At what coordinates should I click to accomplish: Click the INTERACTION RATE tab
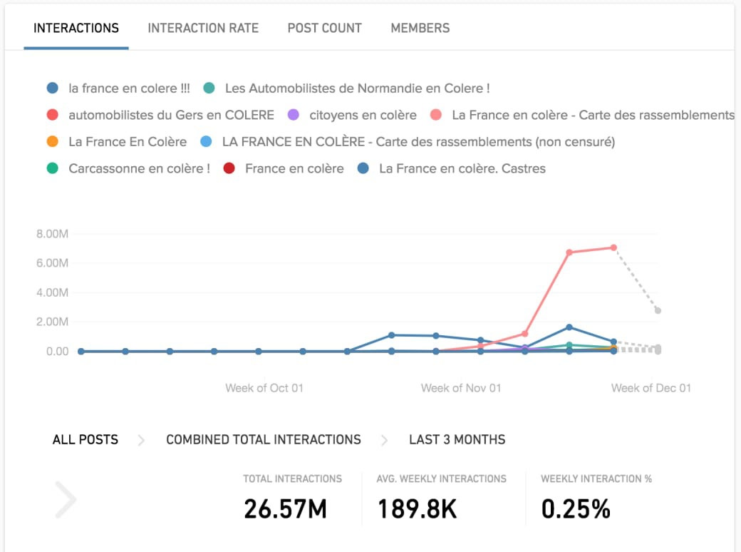(x=203, y=29)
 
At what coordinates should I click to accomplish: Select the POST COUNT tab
(x=324, y=29)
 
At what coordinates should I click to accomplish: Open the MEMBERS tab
(x=420, y=29)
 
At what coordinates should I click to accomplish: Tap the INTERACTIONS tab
(x=76, y=29)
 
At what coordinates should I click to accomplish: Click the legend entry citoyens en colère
(x=363, y=115)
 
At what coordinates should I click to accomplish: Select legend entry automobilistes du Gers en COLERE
(x=171, y=115)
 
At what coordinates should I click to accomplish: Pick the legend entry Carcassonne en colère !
(x=139, y=169)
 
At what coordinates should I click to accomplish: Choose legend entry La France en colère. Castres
(x=462, y=169)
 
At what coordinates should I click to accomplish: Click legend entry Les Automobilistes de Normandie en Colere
(x=357, y=88)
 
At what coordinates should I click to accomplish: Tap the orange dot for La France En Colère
(x=52, y=142)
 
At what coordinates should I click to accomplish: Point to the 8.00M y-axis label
(x=52, y=233)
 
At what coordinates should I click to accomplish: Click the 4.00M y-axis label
(x=52, y=292)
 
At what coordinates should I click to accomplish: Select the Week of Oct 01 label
(x=264, y=388)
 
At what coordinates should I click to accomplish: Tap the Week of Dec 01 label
(x=651, y=388)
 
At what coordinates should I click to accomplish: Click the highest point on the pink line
(x=613, y=247)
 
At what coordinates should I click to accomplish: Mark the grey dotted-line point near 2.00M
(x=658, y=311)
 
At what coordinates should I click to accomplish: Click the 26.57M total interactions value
(x=285, y=508)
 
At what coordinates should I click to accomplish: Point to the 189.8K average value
(x=417, y=508)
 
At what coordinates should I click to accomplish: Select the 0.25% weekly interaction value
(x=576, y=508)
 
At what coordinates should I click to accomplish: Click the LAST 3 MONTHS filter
(x=457, y=439)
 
